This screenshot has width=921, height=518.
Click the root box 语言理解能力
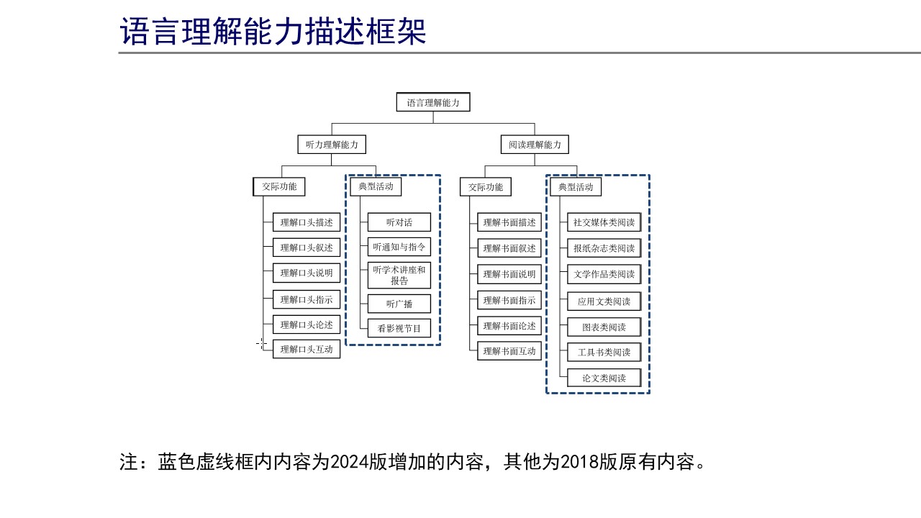433,102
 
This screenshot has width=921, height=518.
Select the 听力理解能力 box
332,145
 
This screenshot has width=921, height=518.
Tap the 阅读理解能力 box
535,145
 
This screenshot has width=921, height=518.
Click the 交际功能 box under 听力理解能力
279,186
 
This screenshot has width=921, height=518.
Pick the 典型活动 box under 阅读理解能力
576,187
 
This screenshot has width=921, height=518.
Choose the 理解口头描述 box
307,222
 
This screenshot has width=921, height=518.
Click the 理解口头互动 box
307,349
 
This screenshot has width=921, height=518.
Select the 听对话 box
399,222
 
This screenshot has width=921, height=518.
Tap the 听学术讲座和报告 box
399,276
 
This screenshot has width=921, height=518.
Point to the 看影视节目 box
399,328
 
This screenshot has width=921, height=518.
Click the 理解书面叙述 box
509,248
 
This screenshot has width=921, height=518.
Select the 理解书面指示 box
509,301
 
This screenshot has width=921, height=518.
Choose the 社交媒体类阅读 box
604,222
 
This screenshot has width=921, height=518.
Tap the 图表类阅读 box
604,327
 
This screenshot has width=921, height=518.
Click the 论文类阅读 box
604,378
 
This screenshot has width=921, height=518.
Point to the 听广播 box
399,304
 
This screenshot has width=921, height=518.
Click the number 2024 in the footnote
350,462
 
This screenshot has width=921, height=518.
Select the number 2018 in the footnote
580,462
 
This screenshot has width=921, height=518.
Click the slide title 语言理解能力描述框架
273,31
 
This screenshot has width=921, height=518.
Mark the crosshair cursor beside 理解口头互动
261,343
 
